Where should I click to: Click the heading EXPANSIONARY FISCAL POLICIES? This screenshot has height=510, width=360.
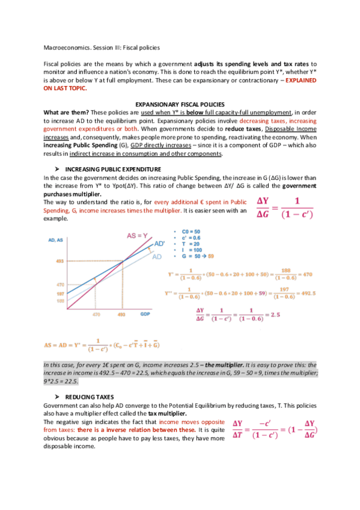180,103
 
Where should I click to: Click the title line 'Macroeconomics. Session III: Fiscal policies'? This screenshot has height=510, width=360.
102,48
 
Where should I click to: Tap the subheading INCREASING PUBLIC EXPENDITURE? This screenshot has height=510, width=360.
112,169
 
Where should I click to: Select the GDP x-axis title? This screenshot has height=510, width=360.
145,315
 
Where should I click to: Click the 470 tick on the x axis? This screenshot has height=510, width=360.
96,315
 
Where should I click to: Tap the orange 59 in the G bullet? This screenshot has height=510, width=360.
210,256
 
